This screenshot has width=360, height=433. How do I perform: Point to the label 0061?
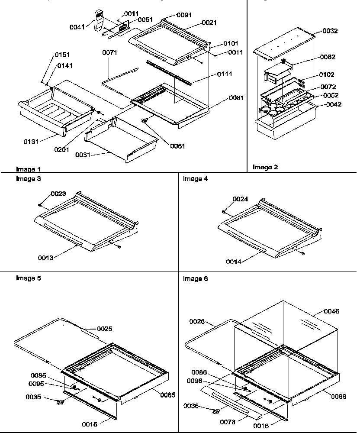pos(178,146)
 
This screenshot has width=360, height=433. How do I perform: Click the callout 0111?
pos(225,74)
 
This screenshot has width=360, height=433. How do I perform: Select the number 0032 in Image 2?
pos(331,31)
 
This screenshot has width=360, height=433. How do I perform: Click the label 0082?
pos(328,57)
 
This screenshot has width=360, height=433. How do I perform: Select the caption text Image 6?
pos(195,279)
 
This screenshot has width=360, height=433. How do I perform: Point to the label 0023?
pos(59,194)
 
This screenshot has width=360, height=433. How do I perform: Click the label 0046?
pos(332,311)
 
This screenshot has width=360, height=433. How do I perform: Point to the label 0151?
pos(62,55)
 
